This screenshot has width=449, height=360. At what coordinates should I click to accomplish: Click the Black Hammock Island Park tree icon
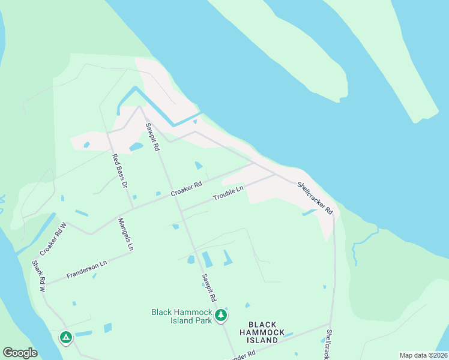(x=221, y=315)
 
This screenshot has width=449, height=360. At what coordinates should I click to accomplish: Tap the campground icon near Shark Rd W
(x=65, y=338)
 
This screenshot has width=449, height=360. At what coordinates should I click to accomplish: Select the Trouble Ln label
(x=229, y=193)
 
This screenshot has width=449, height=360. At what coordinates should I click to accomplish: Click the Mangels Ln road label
(x=125, y=234)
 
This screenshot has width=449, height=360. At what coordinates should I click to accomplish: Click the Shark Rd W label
(x=39, y=276)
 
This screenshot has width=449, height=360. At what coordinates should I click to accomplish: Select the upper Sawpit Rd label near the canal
(x=152, y=136)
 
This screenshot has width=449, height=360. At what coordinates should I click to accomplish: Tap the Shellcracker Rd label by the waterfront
(x=315, y=199)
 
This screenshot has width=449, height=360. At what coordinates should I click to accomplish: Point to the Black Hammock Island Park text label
(x=182, y=316)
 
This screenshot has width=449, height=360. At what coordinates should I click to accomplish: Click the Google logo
(x=20, y=353)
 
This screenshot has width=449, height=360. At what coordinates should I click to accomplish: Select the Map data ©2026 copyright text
(x=423, y=355)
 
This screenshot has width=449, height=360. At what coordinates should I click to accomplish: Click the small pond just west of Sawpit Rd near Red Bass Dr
(x=136, y=146)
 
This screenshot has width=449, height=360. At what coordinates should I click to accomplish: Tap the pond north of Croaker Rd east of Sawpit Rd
(x=199, y=166)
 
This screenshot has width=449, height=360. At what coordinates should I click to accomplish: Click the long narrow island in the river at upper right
(x=384, y=54)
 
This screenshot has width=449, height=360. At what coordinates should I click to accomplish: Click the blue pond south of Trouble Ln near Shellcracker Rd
(x=309, y=212)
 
